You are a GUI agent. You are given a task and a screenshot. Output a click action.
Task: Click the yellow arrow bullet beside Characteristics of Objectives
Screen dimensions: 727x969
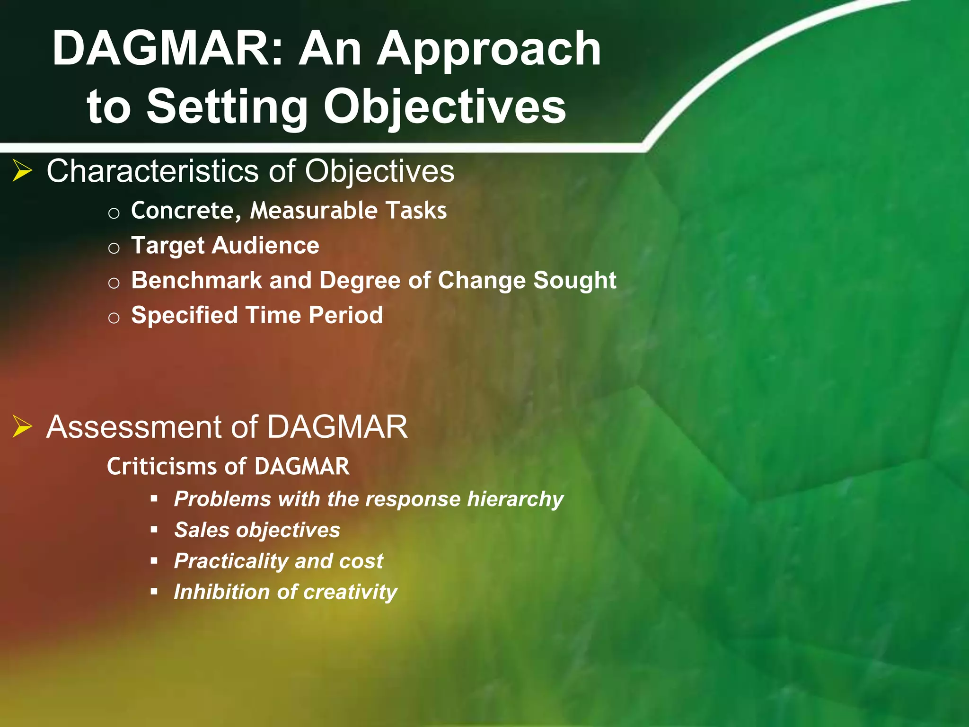click(22, 171)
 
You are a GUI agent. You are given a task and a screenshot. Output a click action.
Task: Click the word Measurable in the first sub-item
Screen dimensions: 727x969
click(314, 211)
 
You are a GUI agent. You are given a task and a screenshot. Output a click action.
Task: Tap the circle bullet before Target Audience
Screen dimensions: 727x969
click(114, 248)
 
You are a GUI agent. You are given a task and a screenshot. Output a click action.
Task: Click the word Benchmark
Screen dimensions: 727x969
click(196, 280)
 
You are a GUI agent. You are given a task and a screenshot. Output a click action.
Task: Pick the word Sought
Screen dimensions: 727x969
click(574, 281)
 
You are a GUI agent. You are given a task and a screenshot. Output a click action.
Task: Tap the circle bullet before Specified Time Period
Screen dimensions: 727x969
click(114, 318)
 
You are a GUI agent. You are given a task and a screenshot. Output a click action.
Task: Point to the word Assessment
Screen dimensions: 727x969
click(134, 427)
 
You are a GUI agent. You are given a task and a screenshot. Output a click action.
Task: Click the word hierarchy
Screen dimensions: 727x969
click(515, 499)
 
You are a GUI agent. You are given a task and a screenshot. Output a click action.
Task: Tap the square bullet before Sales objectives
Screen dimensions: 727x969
click(154, 530)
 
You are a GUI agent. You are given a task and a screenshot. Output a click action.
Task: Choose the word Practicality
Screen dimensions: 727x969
click(231, 561)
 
